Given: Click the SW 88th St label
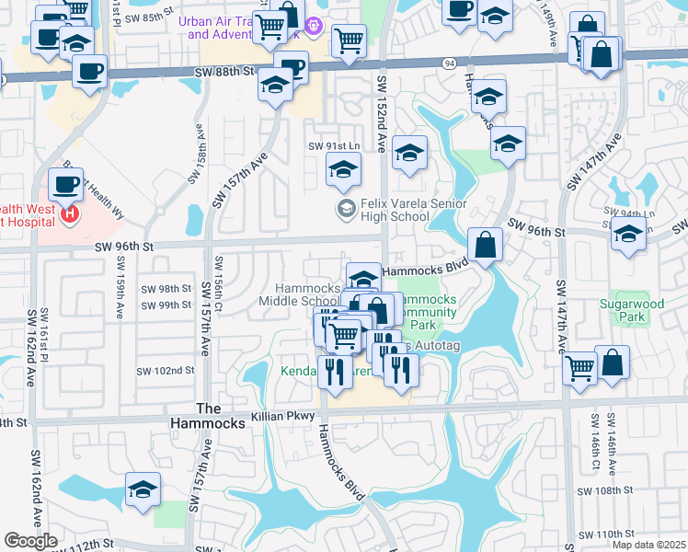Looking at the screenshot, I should click(224, 71).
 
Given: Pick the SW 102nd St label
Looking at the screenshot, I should click(166, 371).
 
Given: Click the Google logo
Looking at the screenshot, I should click(30, 541).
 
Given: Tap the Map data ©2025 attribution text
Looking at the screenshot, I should click(648, 545).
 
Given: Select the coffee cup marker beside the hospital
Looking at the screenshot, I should click(66, 184).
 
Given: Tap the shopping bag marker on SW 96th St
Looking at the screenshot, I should click(485, 245).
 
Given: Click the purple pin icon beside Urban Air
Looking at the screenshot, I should click(313, 27).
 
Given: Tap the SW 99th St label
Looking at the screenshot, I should click(166, 305).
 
